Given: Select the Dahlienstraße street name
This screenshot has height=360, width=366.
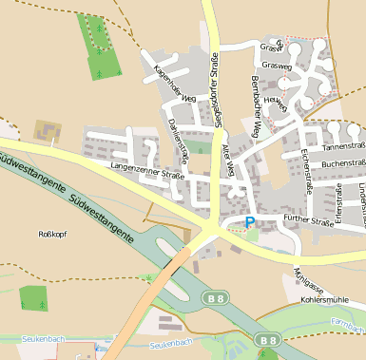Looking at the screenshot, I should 179,139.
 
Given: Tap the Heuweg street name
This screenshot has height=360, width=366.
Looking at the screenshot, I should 274,100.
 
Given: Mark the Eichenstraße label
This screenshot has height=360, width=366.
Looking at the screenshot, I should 307,170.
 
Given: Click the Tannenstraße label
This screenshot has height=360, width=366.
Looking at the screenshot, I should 344,147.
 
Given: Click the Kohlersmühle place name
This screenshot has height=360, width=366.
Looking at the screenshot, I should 325,299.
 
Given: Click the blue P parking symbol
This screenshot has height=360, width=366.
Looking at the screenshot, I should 250,222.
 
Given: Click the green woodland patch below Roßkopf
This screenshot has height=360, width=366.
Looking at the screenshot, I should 32,298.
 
